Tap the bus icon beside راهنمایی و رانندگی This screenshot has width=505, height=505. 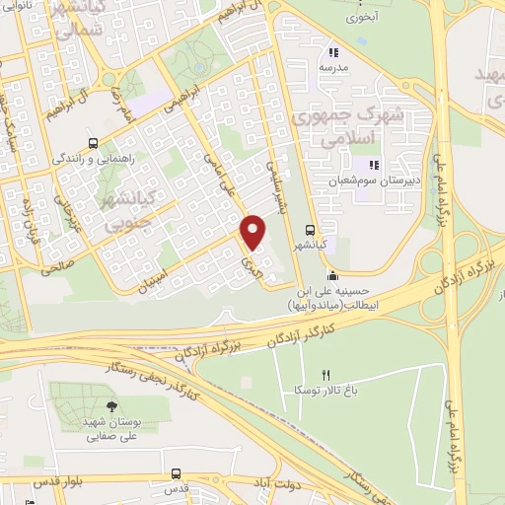(x=93, y=141)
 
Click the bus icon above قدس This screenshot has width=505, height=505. (x=176, y=473)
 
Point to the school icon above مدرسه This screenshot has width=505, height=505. (x=332, y=52)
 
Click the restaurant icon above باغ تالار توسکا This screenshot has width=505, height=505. (x=326, y=375)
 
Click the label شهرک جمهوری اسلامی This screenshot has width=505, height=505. (x=336, y=128)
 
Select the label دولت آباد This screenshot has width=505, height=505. (x=266, y=486)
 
